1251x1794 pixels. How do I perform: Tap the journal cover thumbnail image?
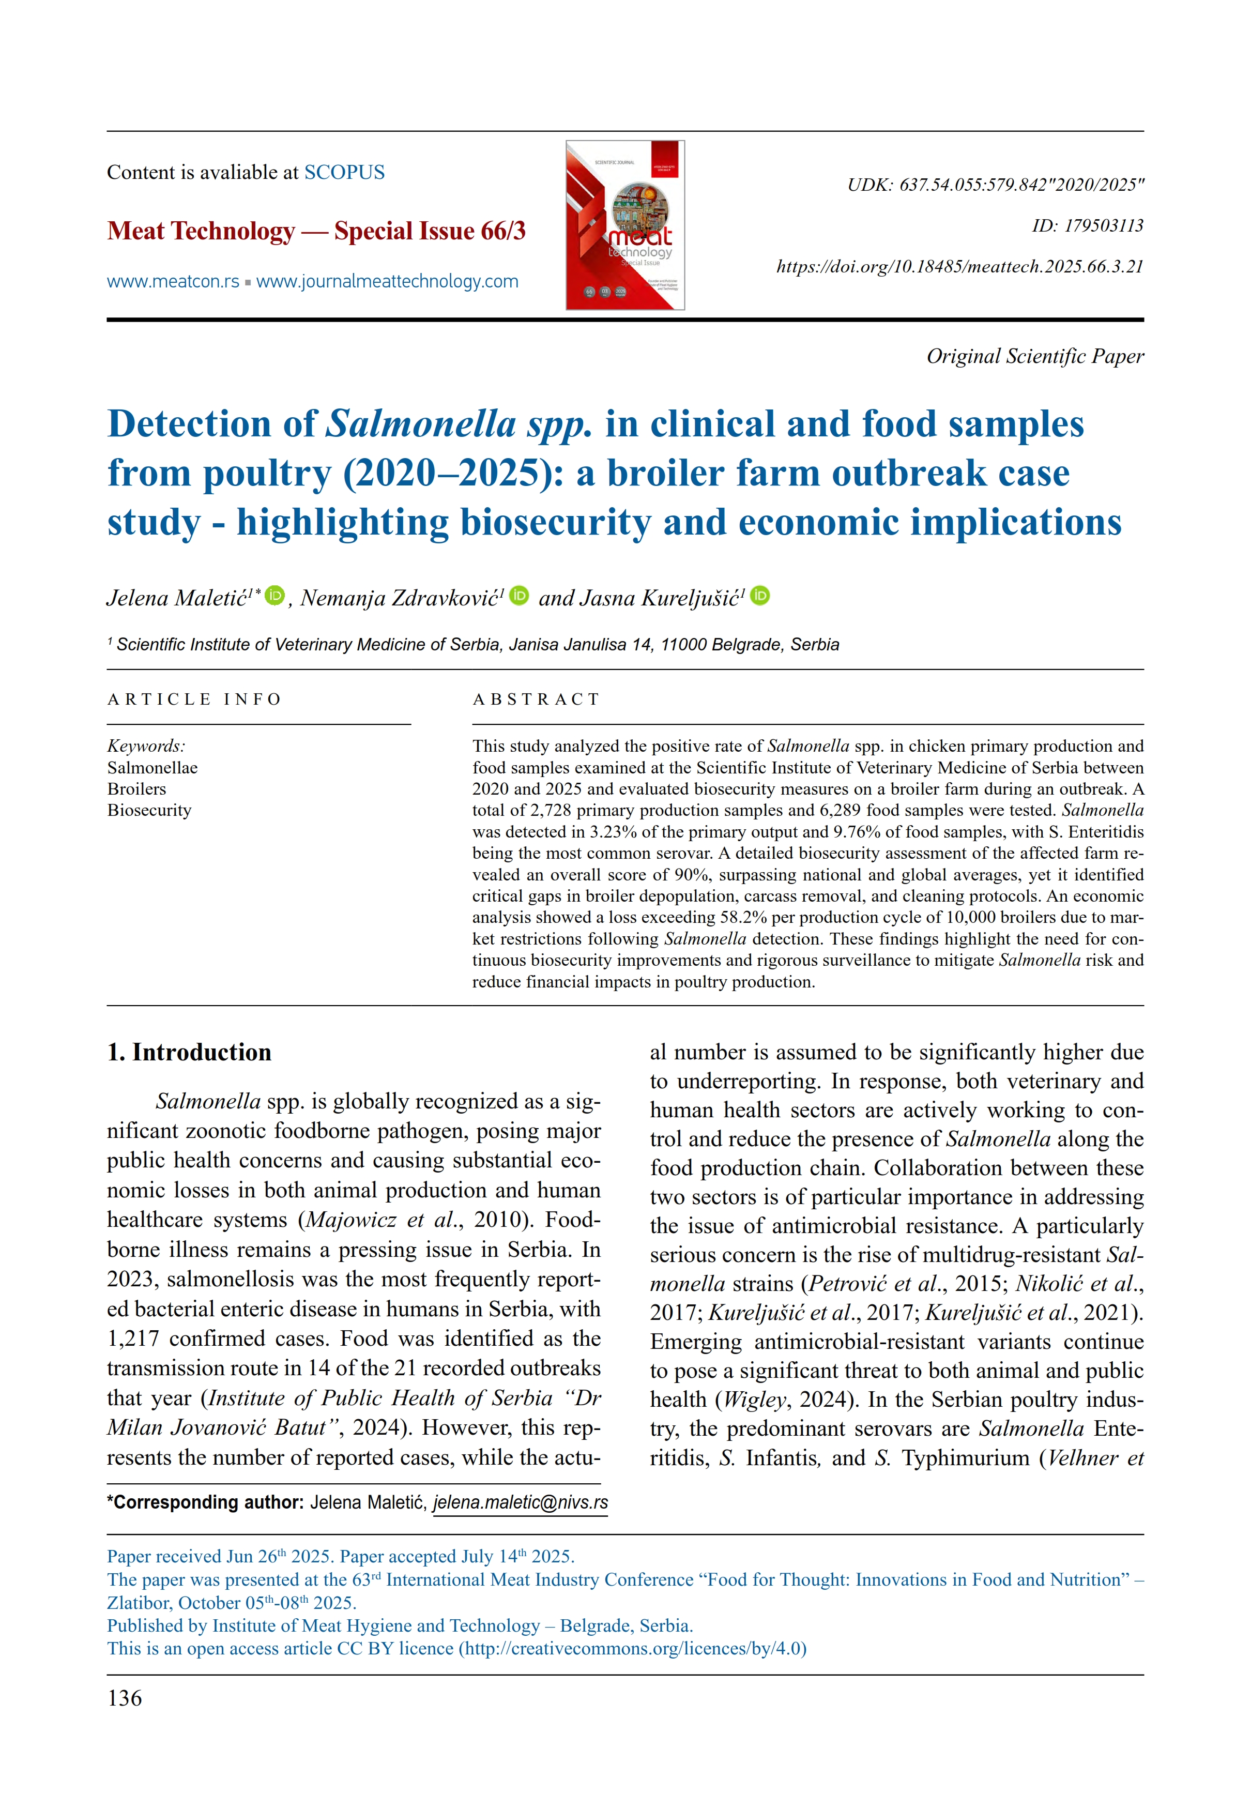point(624,225)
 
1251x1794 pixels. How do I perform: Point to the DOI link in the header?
point(959,266)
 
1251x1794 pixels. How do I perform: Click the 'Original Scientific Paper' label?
point(1034,356)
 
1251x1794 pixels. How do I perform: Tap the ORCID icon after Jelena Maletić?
point(275,596)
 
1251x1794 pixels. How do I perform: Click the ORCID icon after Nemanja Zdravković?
point(519,596)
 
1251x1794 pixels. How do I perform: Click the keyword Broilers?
point(137,788)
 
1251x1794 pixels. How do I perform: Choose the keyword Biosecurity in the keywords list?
point(149,810)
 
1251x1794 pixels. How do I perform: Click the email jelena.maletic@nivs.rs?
point(521,1502)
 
